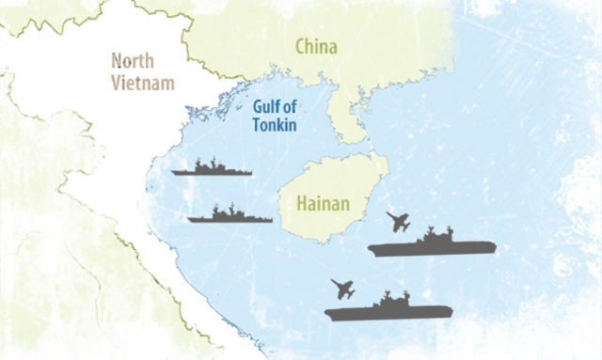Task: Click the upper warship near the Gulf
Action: tap(212, 169)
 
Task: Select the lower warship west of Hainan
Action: tap(230, 216)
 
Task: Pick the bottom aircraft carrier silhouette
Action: tap(388, 307)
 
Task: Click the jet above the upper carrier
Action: tap(398, 224)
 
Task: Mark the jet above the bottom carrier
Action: tap(343, 287)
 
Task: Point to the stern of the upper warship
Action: tap(176, 172)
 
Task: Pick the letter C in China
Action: tap(301, 46)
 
